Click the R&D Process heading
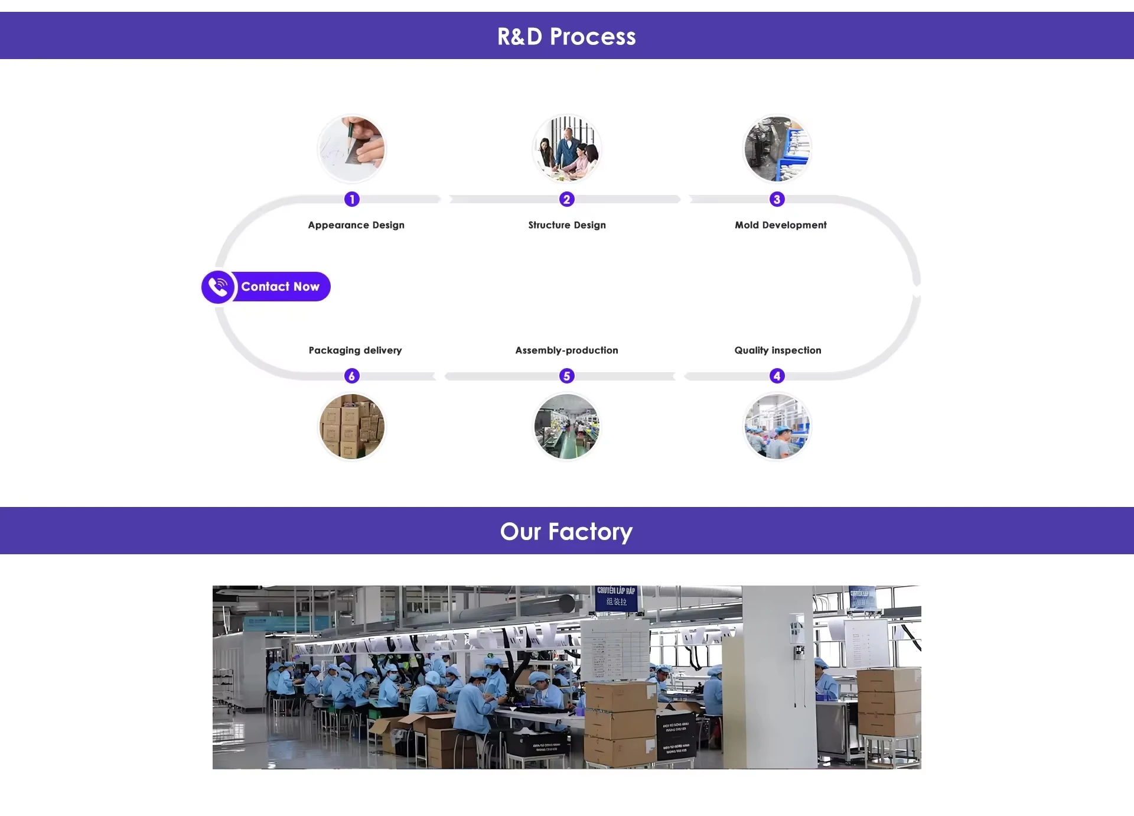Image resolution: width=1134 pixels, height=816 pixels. pyautogui.click(x=566, y=37)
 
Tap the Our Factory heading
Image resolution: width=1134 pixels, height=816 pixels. pyautogui.click(x=566, y=532)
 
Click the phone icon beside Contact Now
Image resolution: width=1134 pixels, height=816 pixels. pyautogui.click(x=218, y=287)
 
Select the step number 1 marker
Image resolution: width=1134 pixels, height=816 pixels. pyautogui.click(x=352, y=199)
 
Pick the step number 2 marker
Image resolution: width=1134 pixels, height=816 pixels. pyautogui.click(x=567, y=199)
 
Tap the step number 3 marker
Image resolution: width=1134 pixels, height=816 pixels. pyautogui.click(x=777, y=199)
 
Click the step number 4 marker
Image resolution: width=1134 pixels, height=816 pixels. pyautogui.click(x=777, y=376)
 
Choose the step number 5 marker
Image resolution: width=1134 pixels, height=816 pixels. pyautogui.click(x=567, y=376)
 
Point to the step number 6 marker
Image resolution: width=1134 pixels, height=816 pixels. pyautogui.click(x=352, y=376)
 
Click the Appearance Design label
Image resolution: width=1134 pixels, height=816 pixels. pyautogui.click(x=356, y=225)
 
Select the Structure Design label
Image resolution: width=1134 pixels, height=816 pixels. pyautogui.click(x=567, y=225)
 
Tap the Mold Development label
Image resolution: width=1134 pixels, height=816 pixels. pyautogui.click(x=781, y=225)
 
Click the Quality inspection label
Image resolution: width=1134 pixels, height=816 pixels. pyautogui.click(x=778, y=350)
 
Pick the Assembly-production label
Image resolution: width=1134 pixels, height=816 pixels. pyautogui.click(x=567, y=350)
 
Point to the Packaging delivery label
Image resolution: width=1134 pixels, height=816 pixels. pyautogui.click(x=356, y=350)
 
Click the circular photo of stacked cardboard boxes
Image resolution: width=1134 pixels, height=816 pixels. pyautogui.click(x=352, y=427)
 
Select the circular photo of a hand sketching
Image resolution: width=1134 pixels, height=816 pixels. pyautogui.click(x=352, y=149)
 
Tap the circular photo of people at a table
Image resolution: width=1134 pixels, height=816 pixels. pyautogui.click(x=567, y=149)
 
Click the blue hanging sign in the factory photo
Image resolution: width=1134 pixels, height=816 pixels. pyautogui.click(x=616, y=597)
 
